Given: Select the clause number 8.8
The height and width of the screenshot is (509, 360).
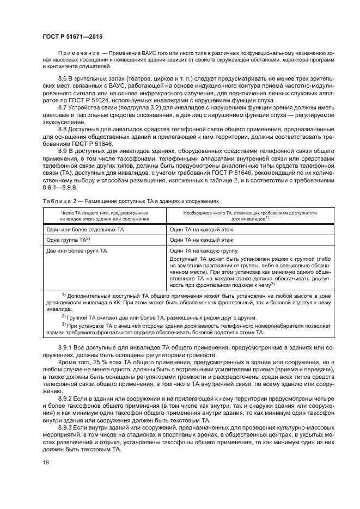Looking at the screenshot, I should [x=63, y=130].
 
